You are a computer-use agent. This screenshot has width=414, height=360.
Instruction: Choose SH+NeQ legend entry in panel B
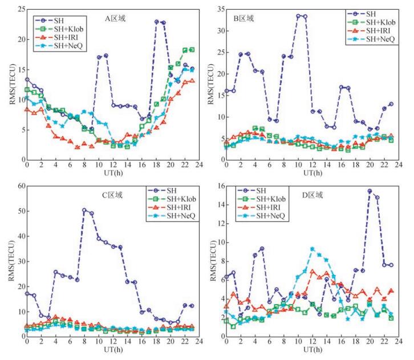pyautogui.click(x=371, y=39)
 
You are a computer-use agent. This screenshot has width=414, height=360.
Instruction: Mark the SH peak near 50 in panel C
pyautogui.click(x=84, y=210)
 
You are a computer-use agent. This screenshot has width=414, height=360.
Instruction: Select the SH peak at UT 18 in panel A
pyautogui.click(x=156, y=22)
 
